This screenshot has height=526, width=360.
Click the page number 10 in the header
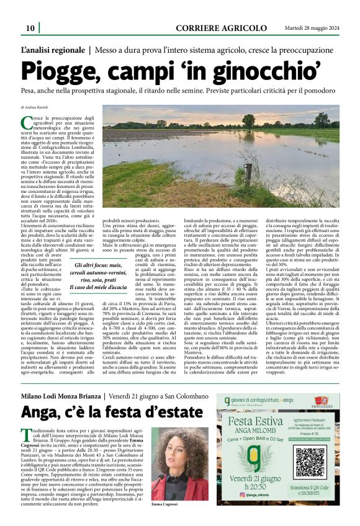pyautogui.click(x=29, y=29)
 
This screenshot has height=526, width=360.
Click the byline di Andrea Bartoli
pyautogui.click(x=38, y=108)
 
